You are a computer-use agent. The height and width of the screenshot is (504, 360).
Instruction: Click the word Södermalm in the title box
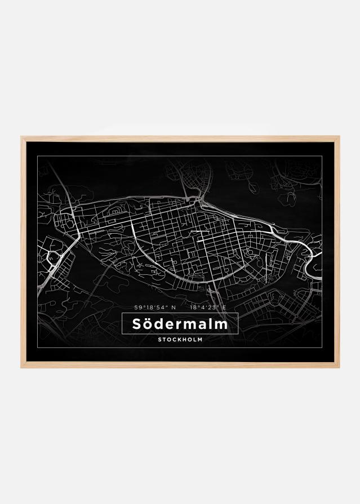tap(180, 324)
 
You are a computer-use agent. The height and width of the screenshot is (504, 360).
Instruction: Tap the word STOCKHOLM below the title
tap(180, 340)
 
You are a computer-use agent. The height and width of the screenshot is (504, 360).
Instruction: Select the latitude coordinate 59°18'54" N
tap(155, 307)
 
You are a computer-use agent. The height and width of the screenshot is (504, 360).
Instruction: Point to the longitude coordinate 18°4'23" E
tap(208, 307)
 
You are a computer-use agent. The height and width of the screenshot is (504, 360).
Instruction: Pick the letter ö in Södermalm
tap(148, 325)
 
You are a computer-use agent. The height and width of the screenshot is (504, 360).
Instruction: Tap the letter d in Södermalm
tap(159, 324)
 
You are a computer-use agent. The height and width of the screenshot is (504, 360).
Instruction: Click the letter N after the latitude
tap(174, 307)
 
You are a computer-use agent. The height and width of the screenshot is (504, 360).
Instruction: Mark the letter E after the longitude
tap(224, 307)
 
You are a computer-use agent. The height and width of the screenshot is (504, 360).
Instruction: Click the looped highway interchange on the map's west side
tap(55, 258)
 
